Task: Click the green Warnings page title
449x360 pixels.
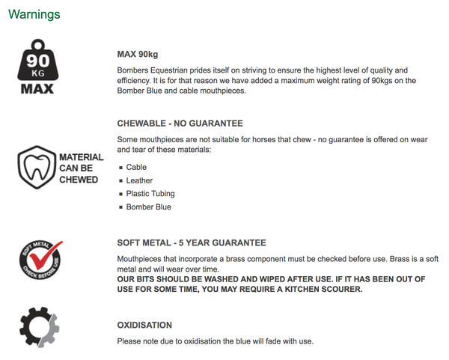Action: pos(34,14)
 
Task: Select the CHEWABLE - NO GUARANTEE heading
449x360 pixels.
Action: pos(180,123)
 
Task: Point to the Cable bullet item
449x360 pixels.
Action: pos(136,168)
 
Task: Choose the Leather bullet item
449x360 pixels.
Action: pos(139,180)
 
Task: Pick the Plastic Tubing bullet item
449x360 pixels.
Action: pos(150,194)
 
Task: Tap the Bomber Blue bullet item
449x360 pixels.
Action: pos(148,207)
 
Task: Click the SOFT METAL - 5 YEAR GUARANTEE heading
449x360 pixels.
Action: pos(192,243)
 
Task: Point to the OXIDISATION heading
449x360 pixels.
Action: pos(144,326)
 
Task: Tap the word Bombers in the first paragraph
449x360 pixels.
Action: pos(134,70)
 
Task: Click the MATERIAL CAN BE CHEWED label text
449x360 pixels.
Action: pos(81,168)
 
